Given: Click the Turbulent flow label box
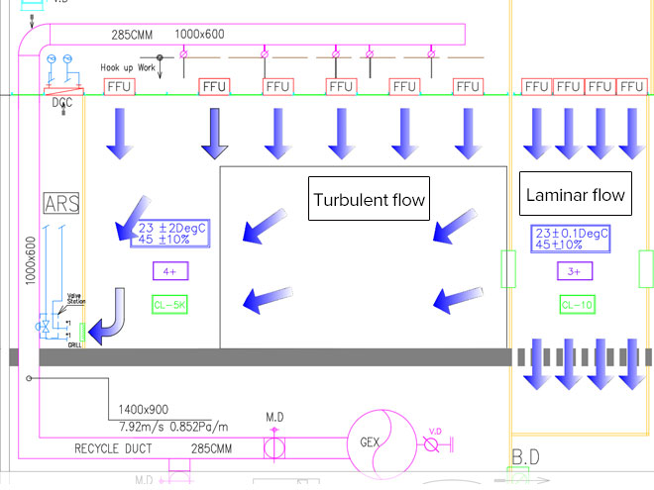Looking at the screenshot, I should coord(370,201).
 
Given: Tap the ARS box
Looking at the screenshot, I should coord(61,204).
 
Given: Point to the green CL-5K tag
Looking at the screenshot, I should coord(171,305).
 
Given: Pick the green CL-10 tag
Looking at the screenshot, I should coord(577,305).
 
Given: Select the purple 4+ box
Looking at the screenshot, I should coord(170,270).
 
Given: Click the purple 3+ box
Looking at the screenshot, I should coord(575,270).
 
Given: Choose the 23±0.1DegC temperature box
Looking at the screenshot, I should coord(571,239).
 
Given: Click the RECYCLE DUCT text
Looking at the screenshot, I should coord(111,448).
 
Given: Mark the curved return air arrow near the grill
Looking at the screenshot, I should coord(109,315).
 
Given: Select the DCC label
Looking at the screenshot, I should coord(61,100).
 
